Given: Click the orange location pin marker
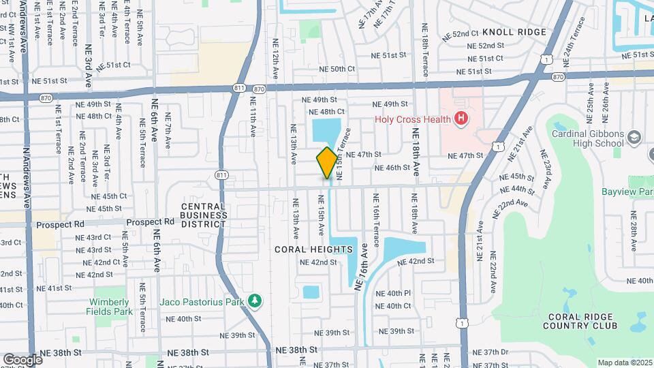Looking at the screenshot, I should coord(327,163).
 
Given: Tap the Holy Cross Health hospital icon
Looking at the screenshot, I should coord(461,119).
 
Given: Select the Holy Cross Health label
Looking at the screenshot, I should coord(413,119).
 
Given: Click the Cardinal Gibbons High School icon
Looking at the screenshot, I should coord(635,138).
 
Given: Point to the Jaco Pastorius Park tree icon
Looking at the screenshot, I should coord(255,301).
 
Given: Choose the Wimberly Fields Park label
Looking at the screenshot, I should coord(109,307).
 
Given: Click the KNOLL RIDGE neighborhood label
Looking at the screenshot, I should coord(514,32).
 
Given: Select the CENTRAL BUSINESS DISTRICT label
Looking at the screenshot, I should coord(204,215).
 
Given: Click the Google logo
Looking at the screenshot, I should coord(22,360).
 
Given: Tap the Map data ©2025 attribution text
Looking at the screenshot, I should coord(624,363).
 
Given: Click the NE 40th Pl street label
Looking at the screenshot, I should coord(399,293).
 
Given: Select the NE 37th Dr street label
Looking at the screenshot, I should coord(495,352).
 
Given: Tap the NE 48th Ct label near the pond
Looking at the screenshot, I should coord(326,112).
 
